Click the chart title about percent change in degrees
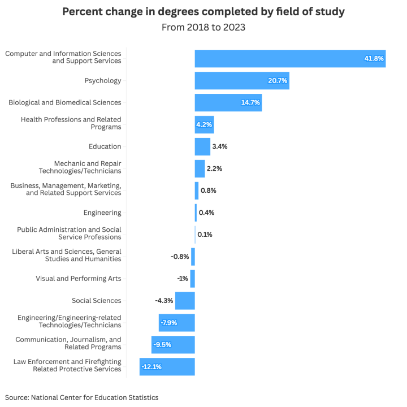(203, 12)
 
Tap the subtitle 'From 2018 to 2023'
(203, 27)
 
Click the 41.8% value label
(374, 58)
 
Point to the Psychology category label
(103, 81)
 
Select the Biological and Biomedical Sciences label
(65, 102)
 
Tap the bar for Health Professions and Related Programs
(204, 124)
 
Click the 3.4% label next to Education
(220, 146)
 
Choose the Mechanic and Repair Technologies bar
(200, 168)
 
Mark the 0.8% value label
(209, 190)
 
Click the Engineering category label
(102, 213)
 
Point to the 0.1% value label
(205, 235)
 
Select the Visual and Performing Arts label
(79, 279)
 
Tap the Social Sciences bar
(185, 301)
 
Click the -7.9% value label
(169, 323)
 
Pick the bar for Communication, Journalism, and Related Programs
(173, 345)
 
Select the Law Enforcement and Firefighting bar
(167, 367)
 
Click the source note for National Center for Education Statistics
(81, 397)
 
